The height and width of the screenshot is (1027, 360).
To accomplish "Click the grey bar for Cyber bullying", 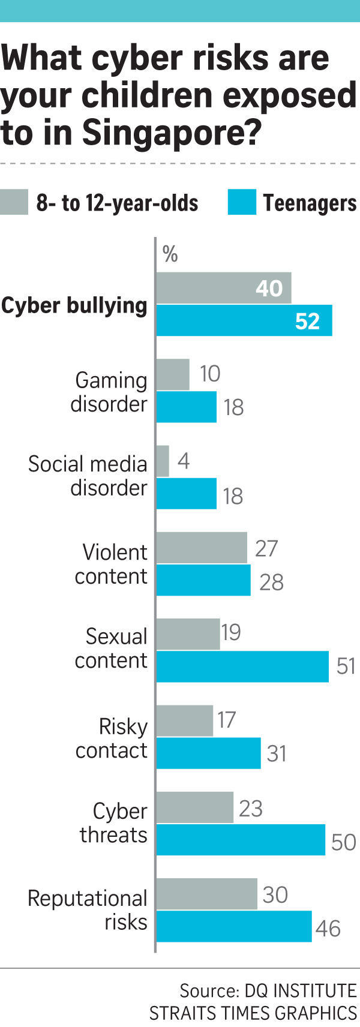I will point(223,288).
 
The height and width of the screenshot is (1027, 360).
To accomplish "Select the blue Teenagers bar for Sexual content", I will point(242,666).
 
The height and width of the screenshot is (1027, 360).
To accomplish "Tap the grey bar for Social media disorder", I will point(163,461).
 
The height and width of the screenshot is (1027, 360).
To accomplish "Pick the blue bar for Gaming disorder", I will point(186,407).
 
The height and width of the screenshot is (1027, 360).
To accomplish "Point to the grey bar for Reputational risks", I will point(206,894).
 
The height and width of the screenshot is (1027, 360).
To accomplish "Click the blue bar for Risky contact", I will point(208,753).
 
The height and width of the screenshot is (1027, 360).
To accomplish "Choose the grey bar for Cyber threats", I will point(194,807).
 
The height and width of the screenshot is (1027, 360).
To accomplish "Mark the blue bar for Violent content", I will point(203,580).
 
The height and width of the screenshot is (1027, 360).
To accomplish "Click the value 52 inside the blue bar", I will point(307,322).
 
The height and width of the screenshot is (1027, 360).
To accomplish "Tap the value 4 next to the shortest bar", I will point(184,461).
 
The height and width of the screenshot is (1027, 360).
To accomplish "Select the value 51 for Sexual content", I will point(346,666).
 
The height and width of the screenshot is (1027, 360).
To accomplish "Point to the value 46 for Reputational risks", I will point(328,929).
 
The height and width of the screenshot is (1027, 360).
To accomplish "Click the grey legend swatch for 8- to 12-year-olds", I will point(14,202).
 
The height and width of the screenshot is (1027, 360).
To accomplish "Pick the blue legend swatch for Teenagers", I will point(241,202).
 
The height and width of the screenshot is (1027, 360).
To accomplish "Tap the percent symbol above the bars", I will point(170,254).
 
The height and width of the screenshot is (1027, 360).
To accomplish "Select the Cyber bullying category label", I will point(74,305).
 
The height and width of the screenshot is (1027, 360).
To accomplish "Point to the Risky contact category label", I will point(112,738).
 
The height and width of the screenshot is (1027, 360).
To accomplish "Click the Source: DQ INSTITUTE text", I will point(268,990).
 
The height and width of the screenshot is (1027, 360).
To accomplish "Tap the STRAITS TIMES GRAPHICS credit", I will point(253,1013).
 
